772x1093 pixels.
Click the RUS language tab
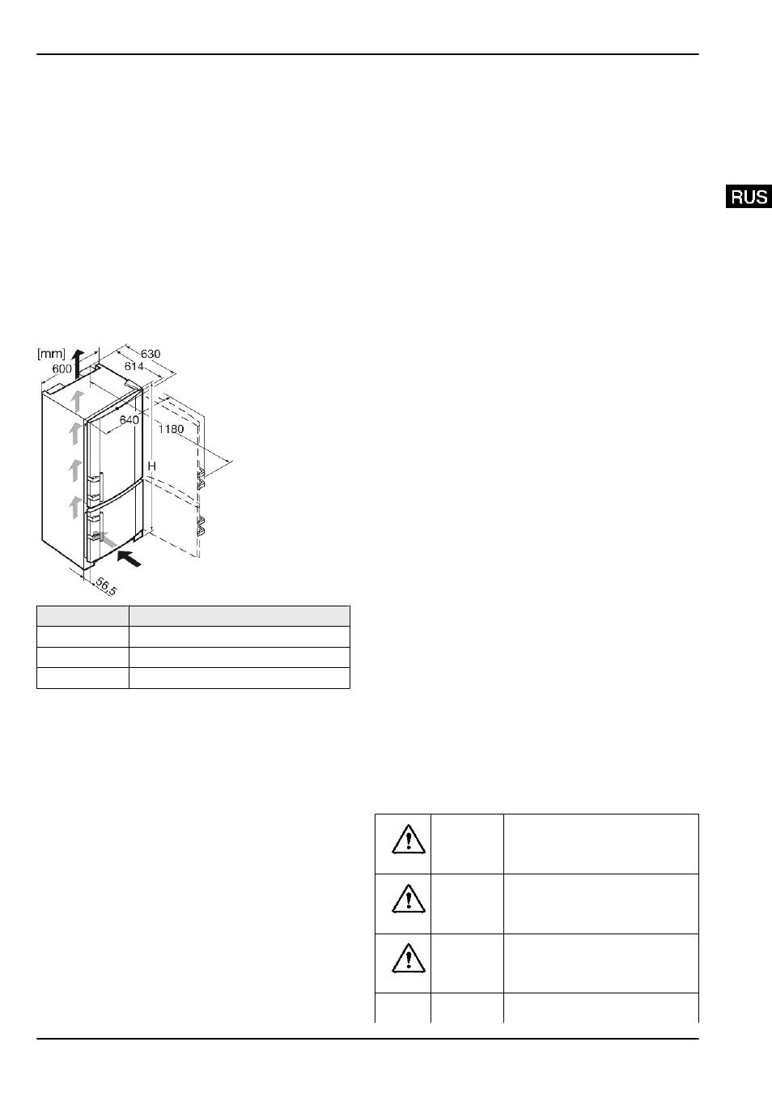click(749, 197)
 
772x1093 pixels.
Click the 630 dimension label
click(151, 353)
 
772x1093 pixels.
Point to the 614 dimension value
click(134, 366)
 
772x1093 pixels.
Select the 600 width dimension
click(62, 369)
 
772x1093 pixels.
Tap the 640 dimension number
click(129, 419)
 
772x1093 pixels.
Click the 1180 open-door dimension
click(172, 429)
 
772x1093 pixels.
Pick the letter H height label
click(151, 466)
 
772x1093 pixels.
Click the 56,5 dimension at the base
click(106, 586)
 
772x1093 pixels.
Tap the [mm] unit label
click(51, 353)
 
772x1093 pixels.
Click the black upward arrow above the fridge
click(78, 364)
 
